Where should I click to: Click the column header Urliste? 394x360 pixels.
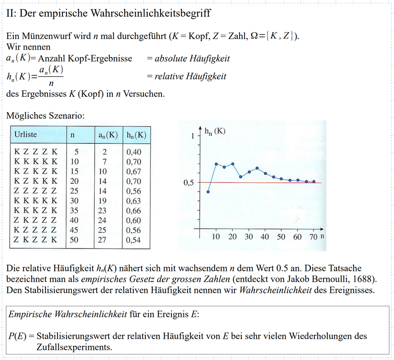(x=26, y=135)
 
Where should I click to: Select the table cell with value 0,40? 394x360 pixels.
(x=133, y=152)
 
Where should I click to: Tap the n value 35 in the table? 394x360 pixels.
(x=74, y=211)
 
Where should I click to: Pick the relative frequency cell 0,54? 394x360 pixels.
(x=133, y=240)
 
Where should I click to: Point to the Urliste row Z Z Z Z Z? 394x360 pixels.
(x=36, y=191)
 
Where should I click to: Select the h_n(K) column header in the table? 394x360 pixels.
(x=136, y=135)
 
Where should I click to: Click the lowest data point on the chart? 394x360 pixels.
(x=208, y=192)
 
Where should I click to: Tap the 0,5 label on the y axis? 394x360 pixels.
(x=188, y=183)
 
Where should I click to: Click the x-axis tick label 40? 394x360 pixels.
(x=265, y=237)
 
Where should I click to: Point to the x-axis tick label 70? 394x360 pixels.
(x=313, y=237)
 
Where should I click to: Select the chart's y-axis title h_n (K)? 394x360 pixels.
(x=215, y=131)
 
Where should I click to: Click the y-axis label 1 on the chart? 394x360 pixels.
(x=193, y=136)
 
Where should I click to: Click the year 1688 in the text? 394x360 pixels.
(x=364, y=280)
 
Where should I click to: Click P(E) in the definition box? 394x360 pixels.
(x=18, y=336)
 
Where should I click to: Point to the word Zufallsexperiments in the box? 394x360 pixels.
(x=74, y=347)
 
